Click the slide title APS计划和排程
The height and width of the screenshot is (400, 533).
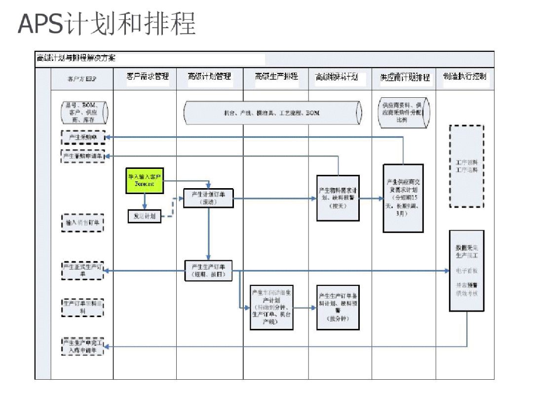point(107,24)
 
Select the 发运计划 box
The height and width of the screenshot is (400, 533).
point(144,216)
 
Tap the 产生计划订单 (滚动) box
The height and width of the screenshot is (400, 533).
point(208,198)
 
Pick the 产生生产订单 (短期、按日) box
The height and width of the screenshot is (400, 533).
point(208,271)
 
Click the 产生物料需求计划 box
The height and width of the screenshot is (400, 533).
point(338,198)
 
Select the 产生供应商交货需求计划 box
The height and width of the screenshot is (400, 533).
point(403,198)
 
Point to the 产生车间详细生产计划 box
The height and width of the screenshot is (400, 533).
point(271,307)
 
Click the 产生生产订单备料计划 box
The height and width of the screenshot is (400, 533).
point(338,307)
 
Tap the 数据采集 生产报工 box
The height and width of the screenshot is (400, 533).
point(466,271)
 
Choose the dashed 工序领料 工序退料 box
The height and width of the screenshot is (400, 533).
point(466,166)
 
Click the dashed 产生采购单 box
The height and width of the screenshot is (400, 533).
point(83,137)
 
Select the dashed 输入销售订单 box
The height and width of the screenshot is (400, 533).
point(83,223)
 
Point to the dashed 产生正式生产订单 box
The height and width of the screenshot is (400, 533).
point(83,271)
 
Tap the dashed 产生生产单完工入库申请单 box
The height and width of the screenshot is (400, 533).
point(83,347)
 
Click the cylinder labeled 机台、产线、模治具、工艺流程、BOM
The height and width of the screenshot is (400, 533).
point(272,113)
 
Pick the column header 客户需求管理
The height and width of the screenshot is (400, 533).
point(148,77)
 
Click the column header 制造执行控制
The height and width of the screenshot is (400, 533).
point(464,77)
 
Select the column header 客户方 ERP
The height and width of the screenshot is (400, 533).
point(82,78)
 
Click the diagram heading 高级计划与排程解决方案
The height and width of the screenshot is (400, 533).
point(76,58)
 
